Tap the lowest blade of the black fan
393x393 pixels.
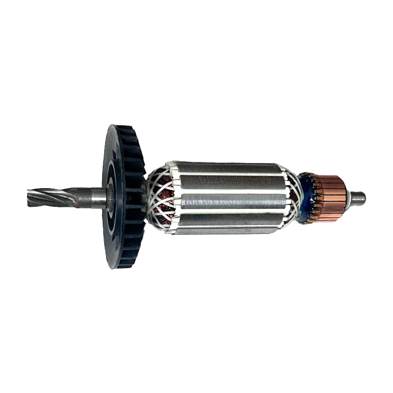coord(129,263)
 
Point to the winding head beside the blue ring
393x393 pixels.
coord(294,196)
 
